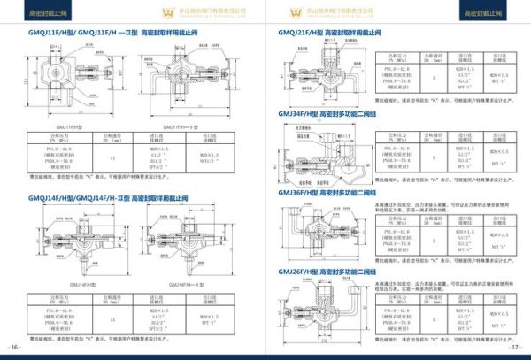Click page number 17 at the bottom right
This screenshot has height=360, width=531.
click(516, 347)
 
